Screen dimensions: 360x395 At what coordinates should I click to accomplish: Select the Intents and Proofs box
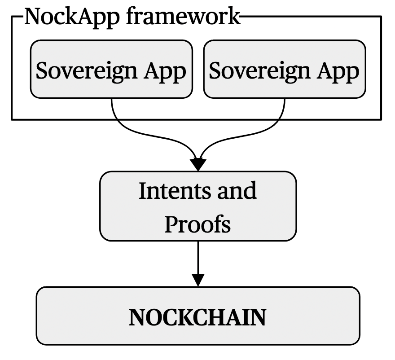[x=197, y=206]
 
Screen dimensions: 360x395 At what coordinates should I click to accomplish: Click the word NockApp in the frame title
[x=63, y=17]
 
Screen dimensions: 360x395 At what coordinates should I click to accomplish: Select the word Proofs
[x=197, y=224]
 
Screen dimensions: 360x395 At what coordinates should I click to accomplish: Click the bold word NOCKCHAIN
[x=197, y=317]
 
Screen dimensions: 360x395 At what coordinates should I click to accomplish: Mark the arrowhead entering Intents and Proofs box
[x=197, y=164]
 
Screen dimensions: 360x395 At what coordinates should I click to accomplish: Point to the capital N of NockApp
[x=32, y=17]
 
